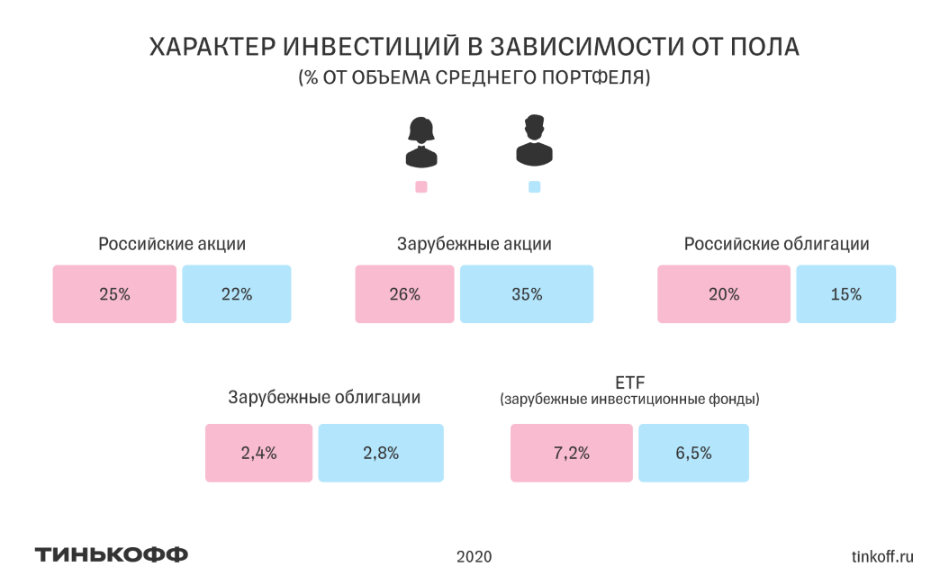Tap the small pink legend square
click(x=420, y=187)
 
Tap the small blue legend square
click(x=534, y=187)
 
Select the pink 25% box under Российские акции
click(x=114, y=294)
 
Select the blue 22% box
click(x=236, y=294)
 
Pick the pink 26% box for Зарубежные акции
click(x=405, y=294)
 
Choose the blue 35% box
click(x=527, y=294)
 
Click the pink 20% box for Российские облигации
click(x=724, y=294)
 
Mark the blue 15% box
click(x=845, y=294)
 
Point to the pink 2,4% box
click(x=259, y=453)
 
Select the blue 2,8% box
click(x=381, y=453)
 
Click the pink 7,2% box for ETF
click(x=572, y=453)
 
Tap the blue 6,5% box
click(x=693, y=453)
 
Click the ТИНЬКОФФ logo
click(x=112, y=554)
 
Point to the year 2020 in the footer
click(x=474, y=556)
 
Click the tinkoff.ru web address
click(x=881, y=556)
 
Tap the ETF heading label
click(x=629, y=382)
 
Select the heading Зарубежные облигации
click(x=324, y=398)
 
